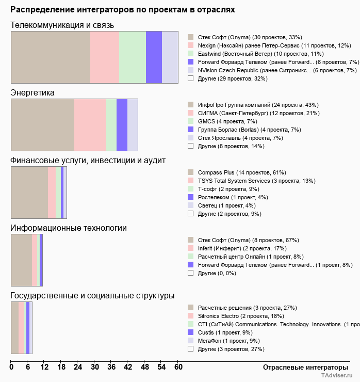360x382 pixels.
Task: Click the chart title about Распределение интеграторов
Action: (x=123, y=10)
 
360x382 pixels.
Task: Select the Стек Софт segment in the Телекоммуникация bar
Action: (x=51, y=57)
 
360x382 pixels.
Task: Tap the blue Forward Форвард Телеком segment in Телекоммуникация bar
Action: (x=154, y=57)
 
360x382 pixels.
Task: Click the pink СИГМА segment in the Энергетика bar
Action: (x=90, y=124)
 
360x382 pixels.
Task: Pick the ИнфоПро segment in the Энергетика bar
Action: (x=42, y=124)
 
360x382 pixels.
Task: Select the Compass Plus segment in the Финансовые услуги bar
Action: (x=29, y=193)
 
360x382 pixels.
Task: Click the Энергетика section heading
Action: (x=32, y=92)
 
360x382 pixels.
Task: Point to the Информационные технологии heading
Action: (x=69, y=228)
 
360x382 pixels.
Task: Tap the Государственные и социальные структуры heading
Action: (x=92, y=295)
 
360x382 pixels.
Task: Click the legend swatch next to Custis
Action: (x=191, y=332)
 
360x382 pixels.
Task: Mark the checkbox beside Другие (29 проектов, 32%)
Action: (x=191, y=78)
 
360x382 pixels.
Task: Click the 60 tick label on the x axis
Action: (x=178, y=367)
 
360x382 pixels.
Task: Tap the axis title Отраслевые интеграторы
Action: (x=302, y=367)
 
